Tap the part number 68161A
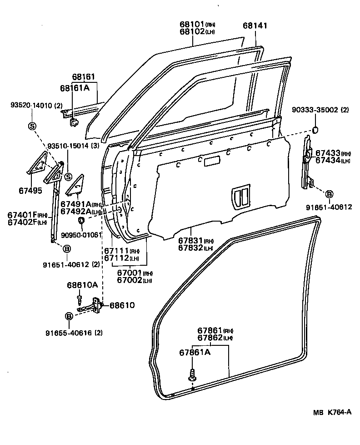tap(75, 87)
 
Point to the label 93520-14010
tap(30, 105)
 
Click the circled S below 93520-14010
tap(32, 126)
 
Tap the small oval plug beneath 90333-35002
tap(315, 131)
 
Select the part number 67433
tap(327, 154)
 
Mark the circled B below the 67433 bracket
tap(329, 193)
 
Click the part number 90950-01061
tap(81, 235)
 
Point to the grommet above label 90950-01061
tap(82, 221)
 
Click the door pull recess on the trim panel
tap(241, 196)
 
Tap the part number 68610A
tap(82, 285)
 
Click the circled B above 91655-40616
tap(69, 316)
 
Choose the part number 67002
tap(130, 280)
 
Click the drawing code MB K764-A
tap(332, 413)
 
